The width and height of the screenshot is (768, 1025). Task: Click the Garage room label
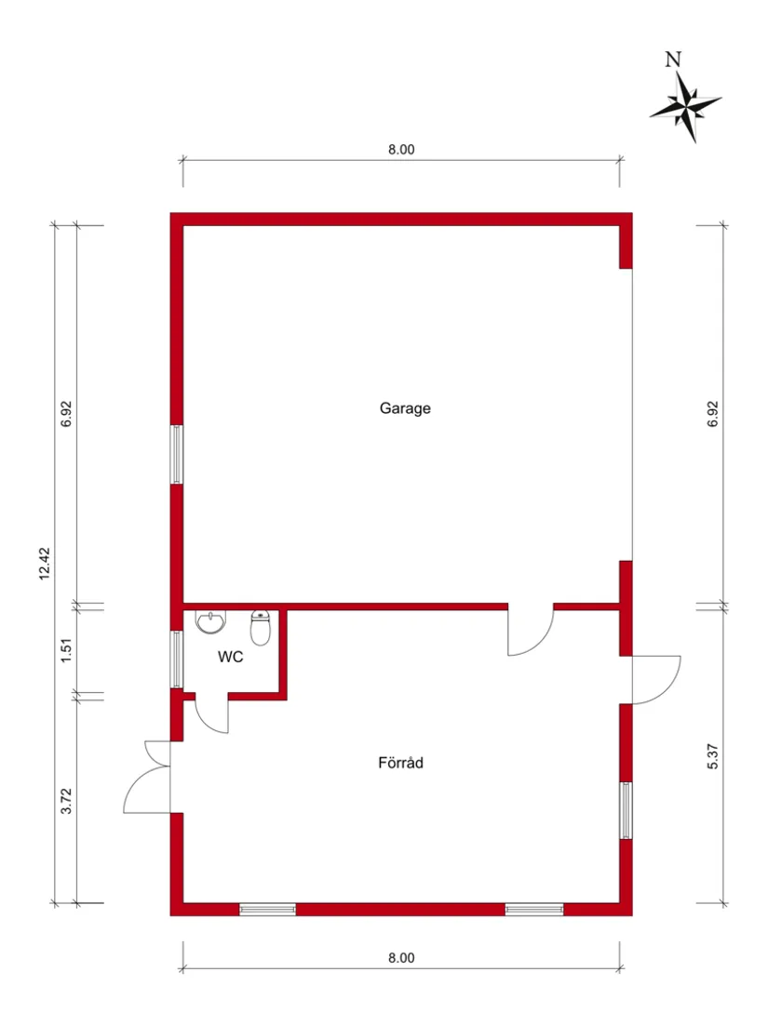(x=405, y=407)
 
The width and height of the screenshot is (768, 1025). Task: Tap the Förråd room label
(x=401, y=763)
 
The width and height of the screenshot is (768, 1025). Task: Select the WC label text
(x=231, y=657)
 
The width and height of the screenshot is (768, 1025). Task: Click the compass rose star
(x=687, y=106)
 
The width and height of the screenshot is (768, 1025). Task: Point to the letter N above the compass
(x=673, y=60)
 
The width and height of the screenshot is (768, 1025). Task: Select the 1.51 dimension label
(x=66, y=649)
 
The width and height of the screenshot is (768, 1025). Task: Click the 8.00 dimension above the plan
(x=401, y=149)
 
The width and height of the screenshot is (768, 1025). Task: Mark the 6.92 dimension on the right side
(x=713, y=414)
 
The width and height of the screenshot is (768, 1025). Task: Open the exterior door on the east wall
(x=656, y=679)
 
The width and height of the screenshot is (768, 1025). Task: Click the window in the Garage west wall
(x=175, y=454)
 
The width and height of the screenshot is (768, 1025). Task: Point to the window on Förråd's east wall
(x=626, y=811)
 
